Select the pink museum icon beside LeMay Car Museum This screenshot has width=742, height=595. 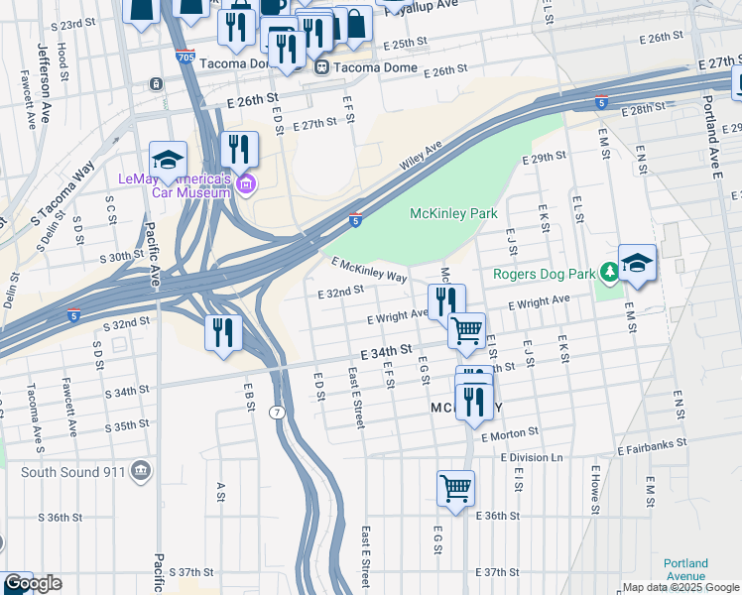coord(247,182)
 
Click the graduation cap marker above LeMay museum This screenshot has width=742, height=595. coord(169,159)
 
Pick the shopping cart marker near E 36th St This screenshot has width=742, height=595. coord(455,487)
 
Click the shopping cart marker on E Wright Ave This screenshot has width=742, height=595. coord(466,329)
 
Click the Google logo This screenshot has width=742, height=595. coord(33,583)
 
